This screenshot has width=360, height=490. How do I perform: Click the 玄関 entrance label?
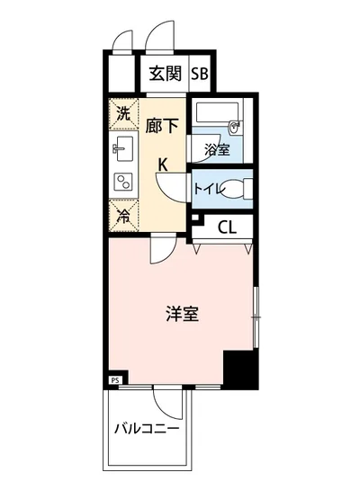tap(163, 74)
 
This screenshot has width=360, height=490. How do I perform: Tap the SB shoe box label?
tap(199, 74)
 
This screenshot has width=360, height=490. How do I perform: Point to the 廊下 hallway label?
tap(163, 126)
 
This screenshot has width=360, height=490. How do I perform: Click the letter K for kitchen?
tap(163, 165)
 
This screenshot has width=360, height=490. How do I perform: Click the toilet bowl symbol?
tap(234, 190)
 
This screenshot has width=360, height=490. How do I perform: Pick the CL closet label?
tap(227, 227)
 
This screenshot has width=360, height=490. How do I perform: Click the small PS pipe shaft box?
tap(114, 380)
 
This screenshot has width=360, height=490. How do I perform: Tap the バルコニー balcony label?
tap(145, 429)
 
